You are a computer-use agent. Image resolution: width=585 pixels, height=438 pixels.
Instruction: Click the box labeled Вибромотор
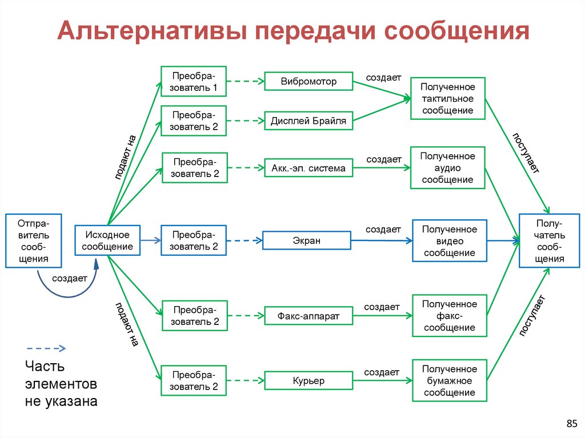308,82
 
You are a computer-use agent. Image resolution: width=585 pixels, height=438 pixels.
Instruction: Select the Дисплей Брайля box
309,121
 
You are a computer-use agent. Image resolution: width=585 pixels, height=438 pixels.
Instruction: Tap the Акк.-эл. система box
308,168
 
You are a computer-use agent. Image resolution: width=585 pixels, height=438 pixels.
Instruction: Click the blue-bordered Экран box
306,240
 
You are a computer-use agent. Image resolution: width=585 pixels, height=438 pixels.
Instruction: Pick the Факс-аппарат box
308,315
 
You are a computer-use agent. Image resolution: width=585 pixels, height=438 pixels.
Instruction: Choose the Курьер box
308,380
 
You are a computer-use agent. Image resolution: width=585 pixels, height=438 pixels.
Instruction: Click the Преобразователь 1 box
194,82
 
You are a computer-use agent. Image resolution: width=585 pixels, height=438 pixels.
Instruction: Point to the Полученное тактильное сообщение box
448,98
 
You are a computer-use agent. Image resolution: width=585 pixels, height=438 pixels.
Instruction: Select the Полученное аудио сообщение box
448,168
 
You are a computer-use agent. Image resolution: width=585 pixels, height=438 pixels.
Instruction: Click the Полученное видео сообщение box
450,240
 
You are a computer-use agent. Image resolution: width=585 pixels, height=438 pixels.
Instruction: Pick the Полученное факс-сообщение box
449,315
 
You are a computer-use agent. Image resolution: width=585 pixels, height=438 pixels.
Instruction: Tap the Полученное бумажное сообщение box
449,380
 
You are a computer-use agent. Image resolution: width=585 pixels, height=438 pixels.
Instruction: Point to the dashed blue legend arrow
46,348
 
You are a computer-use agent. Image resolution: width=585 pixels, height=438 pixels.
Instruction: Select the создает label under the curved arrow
69,279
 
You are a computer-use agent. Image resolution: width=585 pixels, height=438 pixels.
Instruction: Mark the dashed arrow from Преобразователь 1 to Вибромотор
245,82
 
